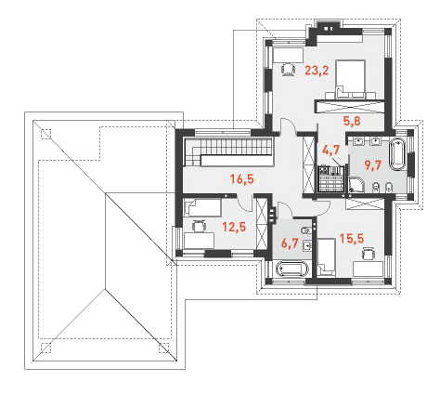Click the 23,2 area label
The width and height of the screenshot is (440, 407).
pyautogui.click(x=317, y=71)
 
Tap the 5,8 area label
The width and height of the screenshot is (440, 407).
pyautogui.click(x=352, y=121)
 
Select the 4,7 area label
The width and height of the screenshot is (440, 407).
pyautogui.click(x=331, y=150)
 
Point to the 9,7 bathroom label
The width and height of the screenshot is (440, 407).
pyautogui.click(x=373, y=165)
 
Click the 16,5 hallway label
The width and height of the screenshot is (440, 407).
pyautogui.click(x=242, y=178)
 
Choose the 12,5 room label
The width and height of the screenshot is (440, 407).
pyautogui.click(x=234, y=227)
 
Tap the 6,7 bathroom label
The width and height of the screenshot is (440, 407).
pyautogui.click(x=290, y=243)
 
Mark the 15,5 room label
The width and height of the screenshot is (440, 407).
pyautogui.click(x=352, y=238)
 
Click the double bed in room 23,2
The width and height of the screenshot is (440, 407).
pyautogui.click(x=350, y=80)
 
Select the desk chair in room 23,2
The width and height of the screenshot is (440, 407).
pyautogui.click(x=288, y=69)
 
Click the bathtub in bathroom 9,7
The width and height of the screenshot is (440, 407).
pyautogui.click(x=397, y=154)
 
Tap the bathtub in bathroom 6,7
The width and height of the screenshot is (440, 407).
pyautogui.click(x=292, y=269)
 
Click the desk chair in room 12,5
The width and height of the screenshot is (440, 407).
pyautogui.click(x=199, y=226)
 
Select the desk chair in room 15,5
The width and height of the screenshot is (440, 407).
pyautogui.click(x=369, y=254)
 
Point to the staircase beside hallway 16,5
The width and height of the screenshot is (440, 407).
pyautogui.click(x=228, y=152)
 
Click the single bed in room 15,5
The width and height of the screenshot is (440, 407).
pyautogui.click(x=327, y=257)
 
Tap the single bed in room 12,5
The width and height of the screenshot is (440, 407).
pyautogui.click(x=202, y=207)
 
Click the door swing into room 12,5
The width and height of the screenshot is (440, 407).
pyautogui.click(x=245, y=204)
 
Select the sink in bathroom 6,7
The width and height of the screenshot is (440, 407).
pyautogui.click(x=307, y=245)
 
